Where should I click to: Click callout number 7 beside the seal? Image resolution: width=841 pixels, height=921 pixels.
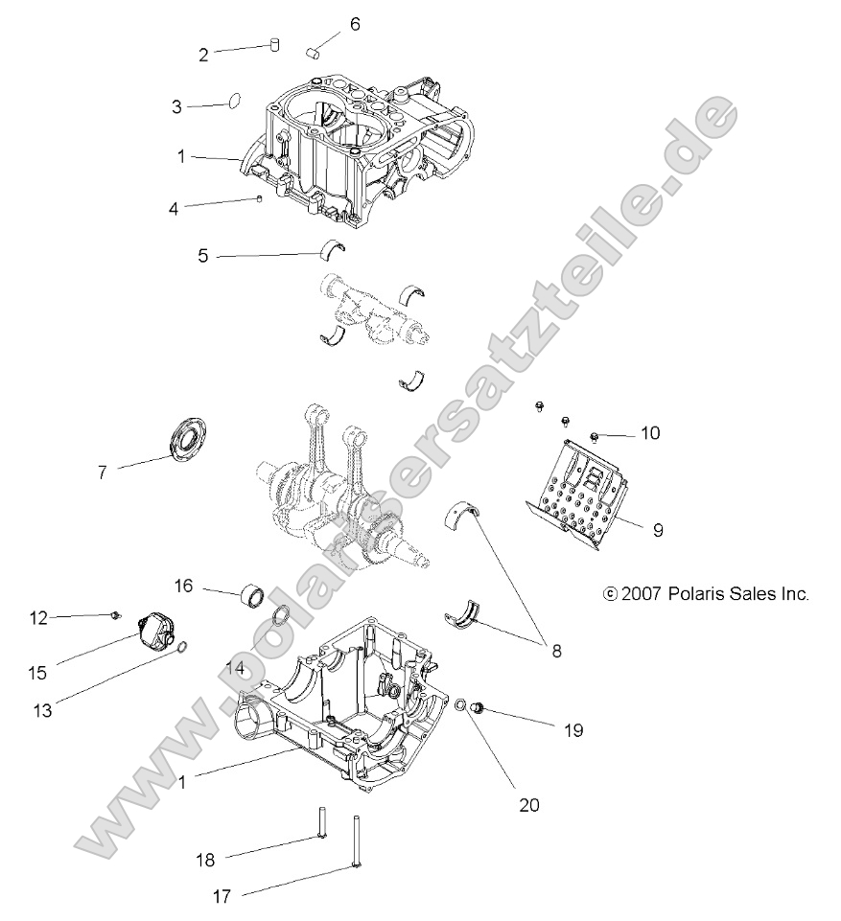(102, 472)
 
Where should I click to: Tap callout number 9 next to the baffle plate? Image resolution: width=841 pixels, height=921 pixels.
(657, 529)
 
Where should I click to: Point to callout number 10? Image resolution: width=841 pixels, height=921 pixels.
(649, 433)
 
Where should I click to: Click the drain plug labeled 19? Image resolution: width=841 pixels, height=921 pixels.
(480, 709)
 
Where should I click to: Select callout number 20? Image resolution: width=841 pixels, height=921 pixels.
(528, 805)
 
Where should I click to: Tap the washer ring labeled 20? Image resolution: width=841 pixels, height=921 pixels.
(460, 706)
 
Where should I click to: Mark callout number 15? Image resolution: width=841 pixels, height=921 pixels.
(36, 674)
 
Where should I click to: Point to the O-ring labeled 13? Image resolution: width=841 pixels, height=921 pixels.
(180, 649)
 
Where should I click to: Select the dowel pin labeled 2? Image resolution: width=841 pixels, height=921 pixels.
(273, 44)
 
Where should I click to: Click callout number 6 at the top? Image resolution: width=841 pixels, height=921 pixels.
(355, 24)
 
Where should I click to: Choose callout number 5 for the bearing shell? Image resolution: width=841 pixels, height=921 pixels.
(202, 256)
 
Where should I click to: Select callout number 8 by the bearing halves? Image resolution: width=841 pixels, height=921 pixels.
(555, 650)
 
